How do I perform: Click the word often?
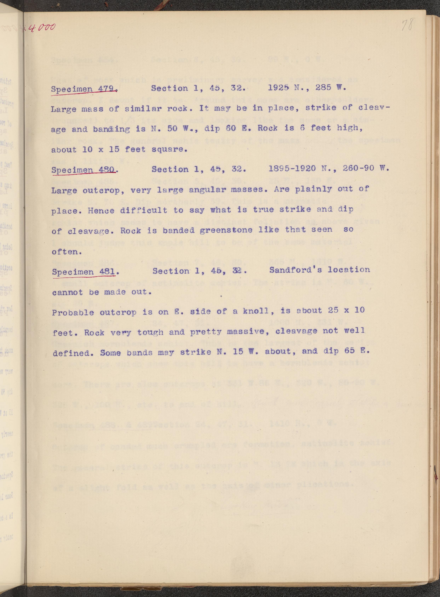[63, 251]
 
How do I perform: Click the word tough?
[150, 332]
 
